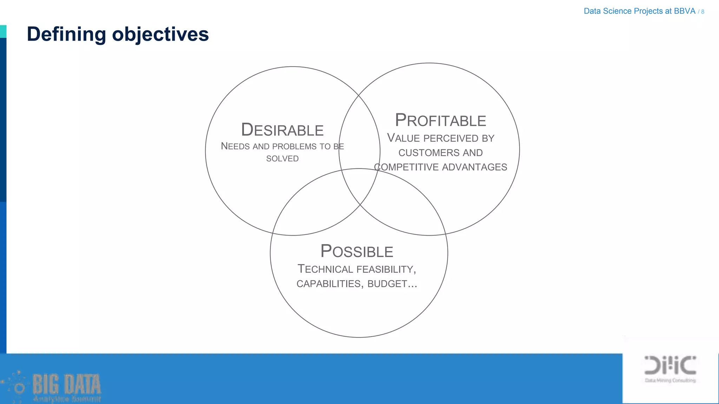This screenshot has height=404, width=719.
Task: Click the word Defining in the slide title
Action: (x=66, y=34)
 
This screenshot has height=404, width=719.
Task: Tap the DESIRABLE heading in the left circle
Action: (x=282, y=130)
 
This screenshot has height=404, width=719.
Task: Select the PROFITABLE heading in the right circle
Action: (x=440, y=120)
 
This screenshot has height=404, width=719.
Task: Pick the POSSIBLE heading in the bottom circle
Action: (x=357, y=251)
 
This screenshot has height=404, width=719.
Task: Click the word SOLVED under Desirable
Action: (x=282, y=159)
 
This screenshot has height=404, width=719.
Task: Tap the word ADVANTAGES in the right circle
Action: (x=475, y=167)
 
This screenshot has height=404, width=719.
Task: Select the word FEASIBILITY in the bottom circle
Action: (x=385, y=269)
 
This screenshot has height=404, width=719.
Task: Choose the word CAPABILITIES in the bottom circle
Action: (x=329, y=284)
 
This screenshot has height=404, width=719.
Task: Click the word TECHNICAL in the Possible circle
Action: (x=325, y=269)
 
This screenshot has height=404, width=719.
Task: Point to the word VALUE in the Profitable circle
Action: (x=403, y=138)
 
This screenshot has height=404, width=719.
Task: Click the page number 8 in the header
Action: (x=702, y=12)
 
